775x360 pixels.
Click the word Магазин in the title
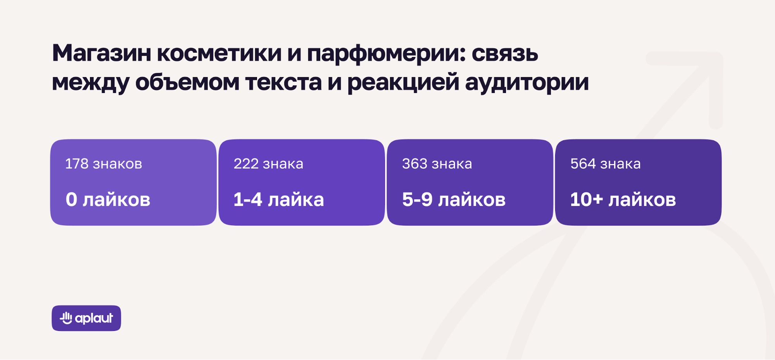coord(102,53)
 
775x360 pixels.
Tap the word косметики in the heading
coord(219,53)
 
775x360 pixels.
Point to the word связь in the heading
coord(505,53)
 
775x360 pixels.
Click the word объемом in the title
coord(187,82)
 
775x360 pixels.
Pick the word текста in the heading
coord(283,83)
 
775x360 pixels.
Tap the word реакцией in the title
coord(403,82)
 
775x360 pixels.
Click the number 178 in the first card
coord(77,164)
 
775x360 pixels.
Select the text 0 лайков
coord(108,200)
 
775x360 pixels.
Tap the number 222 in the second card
coord(246,164)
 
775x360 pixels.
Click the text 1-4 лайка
coord(279,200)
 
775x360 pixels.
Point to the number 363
coord(415,164)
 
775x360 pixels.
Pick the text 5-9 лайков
coord(454,200)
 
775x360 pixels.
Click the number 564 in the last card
coord(583,164)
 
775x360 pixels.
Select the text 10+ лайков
coord(623,200)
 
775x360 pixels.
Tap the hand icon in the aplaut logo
coord(66,318)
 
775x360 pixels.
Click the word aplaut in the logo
coord(94,319)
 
